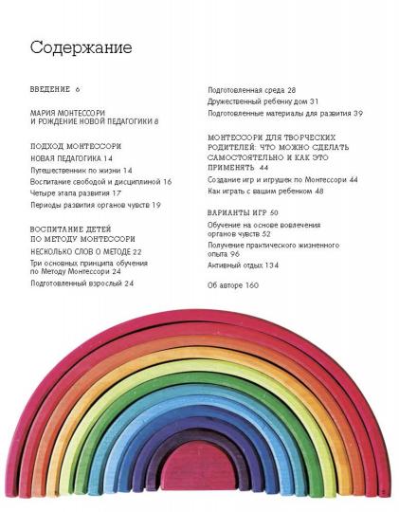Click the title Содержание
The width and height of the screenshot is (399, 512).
(81, 48)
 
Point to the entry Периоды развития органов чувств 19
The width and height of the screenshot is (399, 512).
(95, 205)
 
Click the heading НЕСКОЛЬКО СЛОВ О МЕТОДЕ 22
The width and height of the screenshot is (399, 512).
(85, 251)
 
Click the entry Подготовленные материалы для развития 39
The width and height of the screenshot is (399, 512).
(284, 113)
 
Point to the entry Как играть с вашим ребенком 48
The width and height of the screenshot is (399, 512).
(265, 191)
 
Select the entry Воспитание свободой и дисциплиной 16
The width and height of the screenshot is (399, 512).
(100, 181)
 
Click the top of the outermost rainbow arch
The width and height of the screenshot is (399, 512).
(201, 312)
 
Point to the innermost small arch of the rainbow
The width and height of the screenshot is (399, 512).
(200, 470)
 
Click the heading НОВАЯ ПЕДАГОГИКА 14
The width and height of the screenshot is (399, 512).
(78, 158)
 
